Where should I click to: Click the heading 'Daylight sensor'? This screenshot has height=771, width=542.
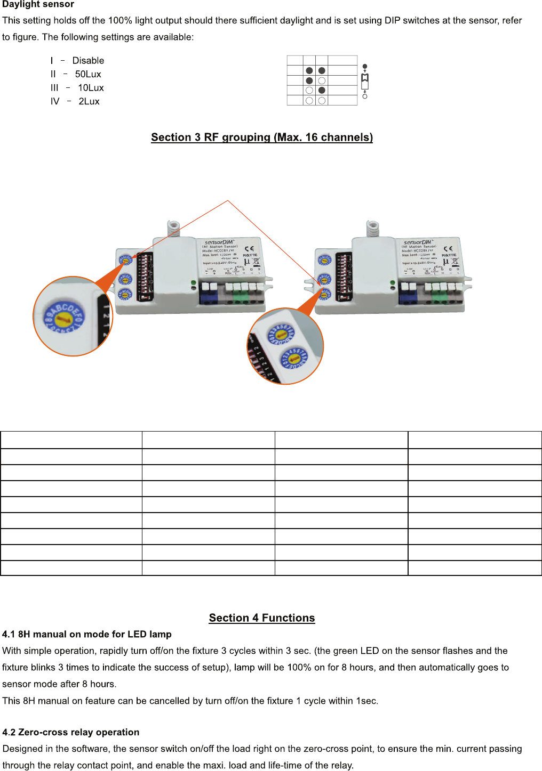point(38,4)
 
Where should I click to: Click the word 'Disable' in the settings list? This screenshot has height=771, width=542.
point(88,61)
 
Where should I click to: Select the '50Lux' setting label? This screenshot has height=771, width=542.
point(88,74)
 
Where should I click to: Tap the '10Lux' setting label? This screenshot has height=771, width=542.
point(91,88)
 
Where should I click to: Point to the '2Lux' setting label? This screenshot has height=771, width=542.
point(89,101)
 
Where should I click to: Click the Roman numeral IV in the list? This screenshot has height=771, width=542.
point(55,101)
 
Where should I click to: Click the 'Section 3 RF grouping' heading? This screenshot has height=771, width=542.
point(261,137)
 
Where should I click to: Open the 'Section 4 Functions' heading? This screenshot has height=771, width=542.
point(261,618)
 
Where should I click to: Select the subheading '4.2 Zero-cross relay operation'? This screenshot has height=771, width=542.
point(70,732)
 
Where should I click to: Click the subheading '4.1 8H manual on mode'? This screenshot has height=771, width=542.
point(86,634)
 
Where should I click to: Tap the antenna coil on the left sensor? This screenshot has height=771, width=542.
point(173,228)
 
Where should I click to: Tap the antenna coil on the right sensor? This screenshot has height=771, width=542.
point(372,228)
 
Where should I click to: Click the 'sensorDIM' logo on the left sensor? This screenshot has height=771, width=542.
point(219,242)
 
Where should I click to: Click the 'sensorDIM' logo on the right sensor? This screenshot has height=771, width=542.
point(418,242)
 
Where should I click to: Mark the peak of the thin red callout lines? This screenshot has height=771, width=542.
point(228,201)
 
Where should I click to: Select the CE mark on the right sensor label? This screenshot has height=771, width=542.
point(448,248)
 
